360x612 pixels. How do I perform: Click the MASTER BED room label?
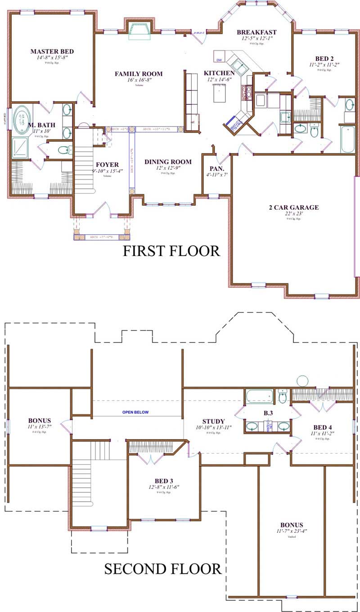pyautogui.click(x=52, y=51)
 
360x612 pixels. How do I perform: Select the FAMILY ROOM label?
pyautogui.click(x=139, y=74)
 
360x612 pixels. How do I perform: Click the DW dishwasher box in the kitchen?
pyautogui.click(x=219, y=59)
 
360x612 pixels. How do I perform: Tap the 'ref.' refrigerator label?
pyautogui.click(x=193, y=122)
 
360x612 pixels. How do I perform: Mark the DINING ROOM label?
pyautogui.click(x=168, y=162)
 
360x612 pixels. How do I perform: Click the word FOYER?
pyautogui.click(x=107, y=164)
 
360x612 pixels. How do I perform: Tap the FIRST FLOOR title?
pyautogui.click(x=171, y=251)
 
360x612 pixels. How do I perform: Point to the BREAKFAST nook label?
pyautogui.click(x=256, y=32)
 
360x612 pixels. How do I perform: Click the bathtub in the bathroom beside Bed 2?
pyautogui.click(x=347, y=139)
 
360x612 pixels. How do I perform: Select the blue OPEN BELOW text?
pyautogui.click(x=135, y=412)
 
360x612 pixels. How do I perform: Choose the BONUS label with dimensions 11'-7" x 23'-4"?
pyautogui.click(x=292, y=525)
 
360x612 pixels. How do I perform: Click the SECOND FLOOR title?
pyautogui.click(x=162, y=569)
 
